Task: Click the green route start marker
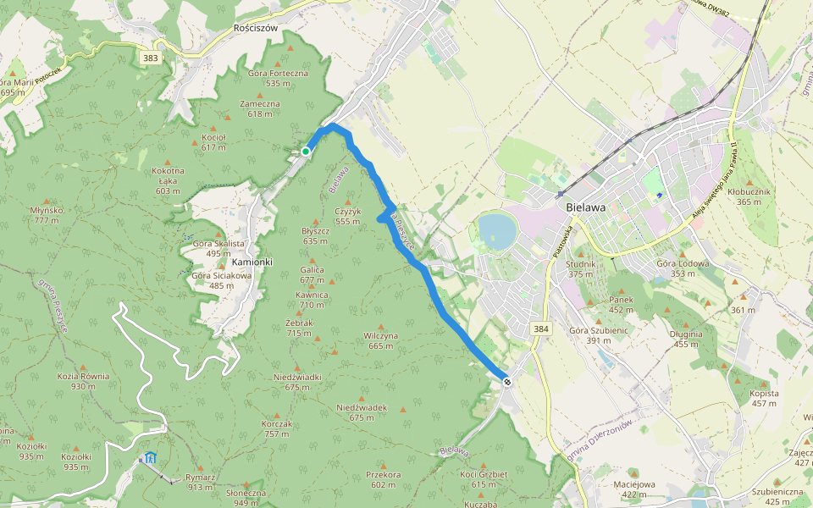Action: [x=305, y=152]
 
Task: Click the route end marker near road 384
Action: [x=507, y=382]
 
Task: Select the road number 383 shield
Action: [x=151, y=58]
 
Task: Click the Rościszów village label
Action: [x=255, y=27]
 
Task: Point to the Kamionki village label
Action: [x=252, y=262]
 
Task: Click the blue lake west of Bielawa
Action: [x=498, y=229]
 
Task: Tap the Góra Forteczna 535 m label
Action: [x=278, y=78]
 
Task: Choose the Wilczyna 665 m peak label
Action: [x=380, y=340]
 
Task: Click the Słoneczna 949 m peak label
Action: [x=246, y=497]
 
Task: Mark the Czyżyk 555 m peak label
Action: [x=347, y=216]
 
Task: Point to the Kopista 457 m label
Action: [x=764, y=398]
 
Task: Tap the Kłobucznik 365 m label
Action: [x=749, y=196]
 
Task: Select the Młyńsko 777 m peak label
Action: [x=43, y=215]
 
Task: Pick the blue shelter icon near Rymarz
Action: [x=150, y=458]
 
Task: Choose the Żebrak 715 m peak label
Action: [x=300, y=329]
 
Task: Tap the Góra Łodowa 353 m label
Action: [x=682, y=268]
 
